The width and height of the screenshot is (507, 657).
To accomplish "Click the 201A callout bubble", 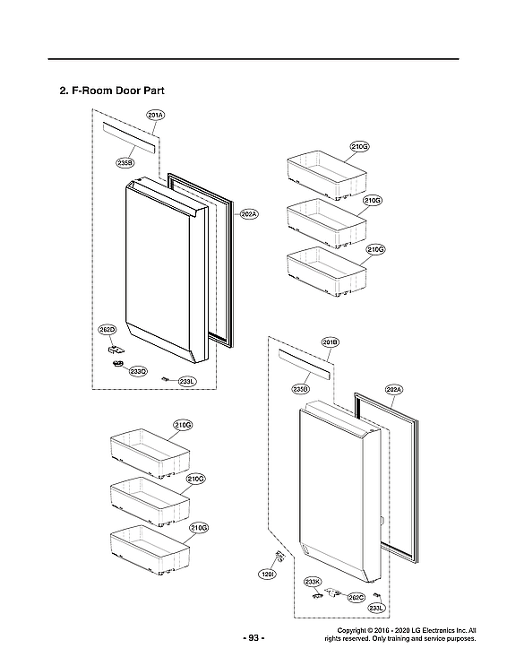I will click(155, 117).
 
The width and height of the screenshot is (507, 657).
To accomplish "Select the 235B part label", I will click(125, 162).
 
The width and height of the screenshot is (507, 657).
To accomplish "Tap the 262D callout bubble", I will click(107, 331).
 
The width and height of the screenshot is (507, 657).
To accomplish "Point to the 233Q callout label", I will click(137, 370).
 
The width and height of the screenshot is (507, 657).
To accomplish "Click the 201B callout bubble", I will click(329, 343).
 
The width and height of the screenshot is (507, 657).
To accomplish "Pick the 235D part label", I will click(300, 389).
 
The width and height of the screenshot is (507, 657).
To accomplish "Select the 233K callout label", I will click(312, 582).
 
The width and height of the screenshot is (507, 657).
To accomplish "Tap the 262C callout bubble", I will click(355, 597).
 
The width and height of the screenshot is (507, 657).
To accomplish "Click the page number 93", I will click(253, 638).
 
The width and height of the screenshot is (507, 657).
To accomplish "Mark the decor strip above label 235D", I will click(305, 364).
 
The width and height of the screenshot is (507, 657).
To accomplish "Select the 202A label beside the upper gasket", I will click(248, 214).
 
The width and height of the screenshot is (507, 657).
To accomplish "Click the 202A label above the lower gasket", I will click(394, 389).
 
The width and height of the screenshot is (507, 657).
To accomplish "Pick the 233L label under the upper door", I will click(186, 382).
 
